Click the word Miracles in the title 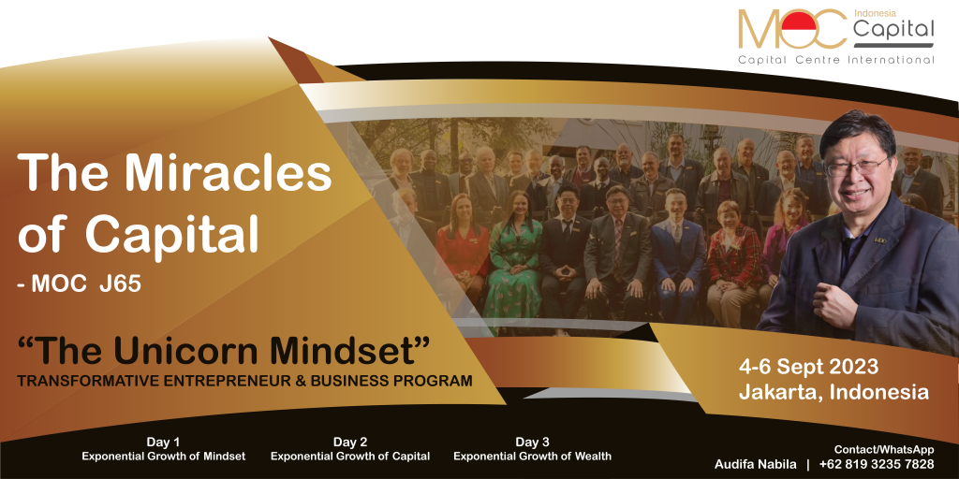tap(231, 173)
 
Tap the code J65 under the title tap(121, 284)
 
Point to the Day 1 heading tap(163, 443)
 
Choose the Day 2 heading tap(350, 443)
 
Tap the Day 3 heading tap(532, 443)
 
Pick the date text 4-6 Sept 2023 tap(808, 367)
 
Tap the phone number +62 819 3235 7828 tap(877, 464)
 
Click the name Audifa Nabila tap(755, 464)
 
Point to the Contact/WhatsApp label tap(884, 450)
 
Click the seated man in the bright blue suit tap(676, 253)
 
